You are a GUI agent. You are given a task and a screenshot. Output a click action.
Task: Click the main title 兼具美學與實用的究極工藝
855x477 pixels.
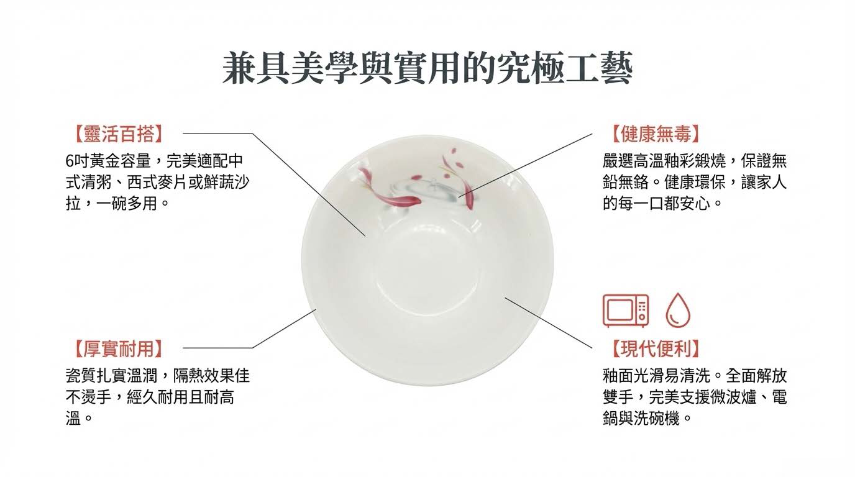pos(427,69)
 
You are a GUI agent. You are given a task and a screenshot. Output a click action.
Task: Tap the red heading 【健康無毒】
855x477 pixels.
pos(656,134)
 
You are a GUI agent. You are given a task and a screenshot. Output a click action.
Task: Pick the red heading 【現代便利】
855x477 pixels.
pos(656,348)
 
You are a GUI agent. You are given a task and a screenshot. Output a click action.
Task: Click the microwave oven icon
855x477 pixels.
pos(626,311)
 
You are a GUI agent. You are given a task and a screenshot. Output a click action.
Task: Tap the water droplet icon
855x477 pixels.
pos(678,311)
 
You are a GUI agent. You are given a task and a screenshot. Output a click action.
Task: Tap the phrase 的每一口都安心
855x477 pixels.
pos(657,204)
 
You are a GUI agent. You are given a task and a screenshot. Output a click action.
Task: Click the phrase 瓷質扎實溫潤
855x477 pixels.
pos(111,376)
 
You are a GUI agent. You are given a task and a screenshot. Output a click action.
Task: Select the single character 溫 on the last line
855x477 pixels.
pos(73,419)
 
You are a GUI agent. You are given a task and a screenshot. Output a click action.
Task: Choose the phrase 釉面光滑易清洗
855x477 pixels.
pos(657,376)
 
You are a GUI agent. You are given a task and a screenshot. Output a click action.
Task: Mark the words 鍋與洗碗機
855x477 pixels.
pos(641,419)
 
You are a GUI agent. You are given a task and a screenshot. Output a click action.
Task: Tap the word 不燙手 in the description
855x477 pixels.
pos(89,397)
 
